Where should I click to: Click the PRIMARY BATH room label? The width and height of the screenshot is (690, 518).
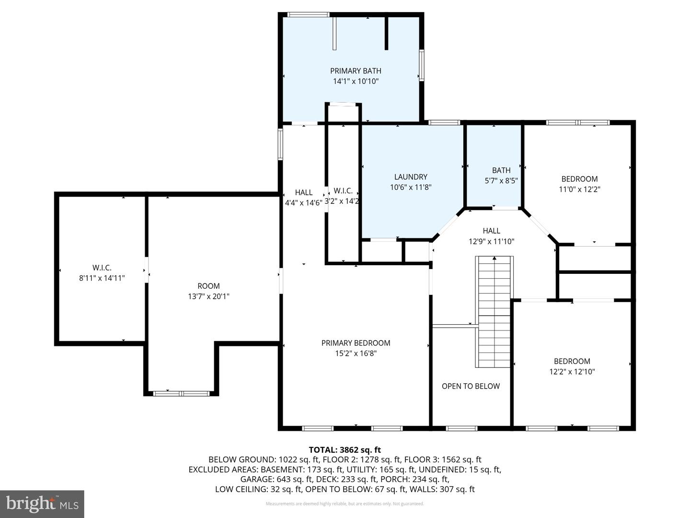pos(356,71)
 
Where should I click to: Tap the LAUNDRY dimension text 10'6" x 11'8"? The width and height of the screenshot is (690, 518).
pos(411,187)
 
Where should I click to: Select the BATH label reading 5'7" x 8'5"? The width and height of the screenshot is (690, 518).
pos(501,180)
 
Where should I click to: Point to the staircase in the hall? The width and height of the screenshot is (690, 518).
pos(494,312)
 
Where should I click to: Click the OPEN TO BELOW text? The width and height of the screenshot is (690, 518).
pos(471,386)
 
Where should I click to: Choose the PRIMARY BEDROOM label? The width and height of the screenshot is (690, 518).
pos(356,343)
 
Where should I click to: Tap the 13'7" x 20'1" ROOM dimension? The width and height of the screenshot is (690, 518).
pos(208,296)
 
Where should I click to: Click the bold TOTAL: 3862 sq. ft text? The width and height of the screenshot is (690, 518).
pos(345,450)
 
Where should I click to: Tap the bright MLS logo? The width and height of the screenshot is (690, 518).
pos(42,504)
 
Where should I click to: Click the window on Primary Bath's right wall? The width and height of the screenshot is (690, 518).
pos(422,65)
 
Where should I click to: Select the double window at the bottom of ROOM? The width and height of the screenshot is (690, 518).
pos(181,393)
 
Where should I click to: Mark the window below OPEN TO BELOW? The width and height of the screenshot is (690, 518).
pos(461,428)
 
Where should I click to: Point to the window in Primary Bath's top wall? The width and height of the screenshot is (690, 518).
pos(309,14)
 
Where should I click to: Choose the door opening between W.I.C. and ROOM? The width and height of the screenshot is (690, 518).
pos(147,270)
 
